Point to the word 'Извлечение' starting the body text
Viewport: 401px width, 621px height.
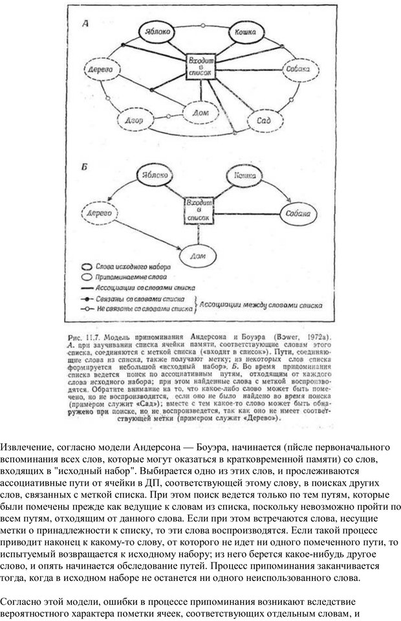27,448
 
